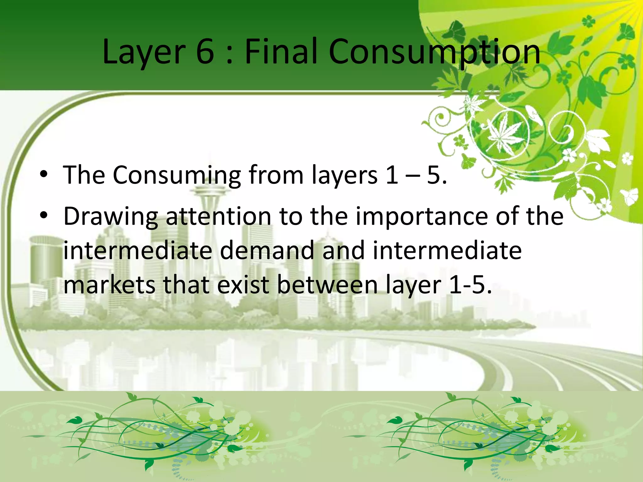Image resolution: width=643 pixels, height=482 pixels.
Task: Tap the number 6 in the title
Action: pos(205,51)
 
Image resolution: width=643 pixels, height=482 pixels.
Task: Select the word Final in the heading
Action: pos(282,51)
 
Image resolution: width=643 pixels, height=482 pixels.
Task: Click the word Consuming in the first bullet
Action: pos(177,175)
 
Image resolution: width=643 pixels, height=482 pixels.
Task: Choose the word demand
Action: pos(267,250)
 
